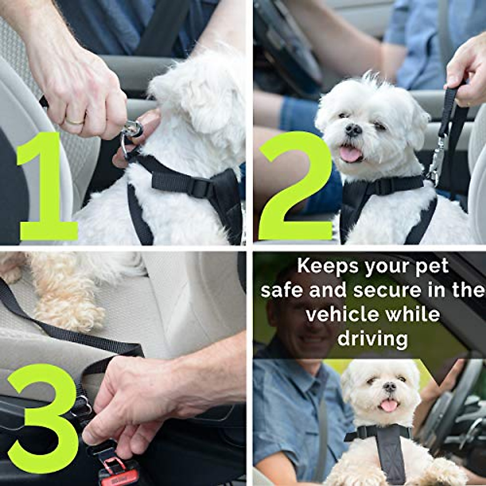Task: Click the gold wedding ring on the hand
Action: (x=75, y=120)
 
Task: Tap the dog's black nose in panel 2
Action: (x=354, y=130)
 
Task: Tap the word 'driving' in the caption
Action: (x=373, y=339)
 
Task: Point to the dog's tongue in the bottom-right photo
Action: (x=389, y=405)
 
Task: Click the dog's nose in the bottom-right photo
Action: (x=390, y=387)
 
